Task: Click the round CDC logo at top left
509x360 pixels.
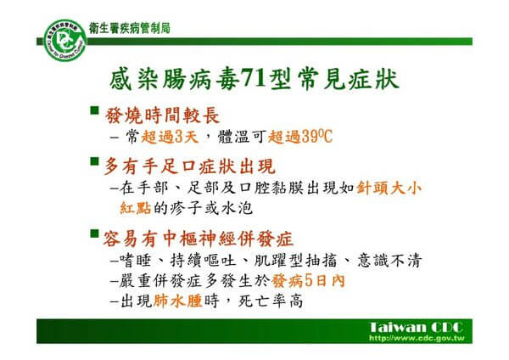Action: (65, 40)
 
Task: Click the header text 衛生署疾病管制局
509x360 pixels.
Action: (130, 28)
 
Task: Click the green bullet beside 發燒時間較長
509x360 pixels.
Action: (94, 110)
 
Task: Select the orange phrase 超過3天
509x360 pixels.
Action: (170, 137)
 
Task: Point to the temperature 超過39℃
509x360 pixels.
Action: (300, 137)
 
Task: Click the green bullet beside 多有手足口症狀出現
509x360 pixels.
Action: (94, 161)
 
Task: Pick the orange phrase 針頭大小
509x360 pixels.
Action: (389, 188)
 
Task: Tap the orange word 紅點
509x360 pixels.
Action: (136, 208)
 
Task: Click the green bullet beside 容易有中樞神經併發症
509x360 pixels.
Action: (94, 233)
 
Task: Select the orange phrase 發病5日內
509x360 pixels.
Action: (308, 281)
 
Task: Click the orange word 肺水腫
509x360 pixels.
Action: (178, 301)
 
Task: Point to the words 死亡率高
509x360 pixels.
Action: (271, 301)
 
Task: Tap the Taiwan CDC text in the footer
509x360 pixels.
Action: (417, 327)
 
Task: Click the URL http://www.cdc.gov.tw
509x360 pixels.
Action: (417, 338)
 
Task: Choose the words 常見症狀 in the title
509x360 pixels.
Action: (349, 79)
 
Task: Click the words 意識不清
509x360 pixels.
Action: (389, 261)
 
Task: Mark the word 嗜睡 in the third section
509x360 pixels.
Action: (136, 261)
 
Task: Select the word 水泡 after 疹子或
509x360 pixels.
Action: (237, 208)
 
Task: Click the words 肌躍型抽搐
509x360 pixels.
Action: (295, 261)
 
